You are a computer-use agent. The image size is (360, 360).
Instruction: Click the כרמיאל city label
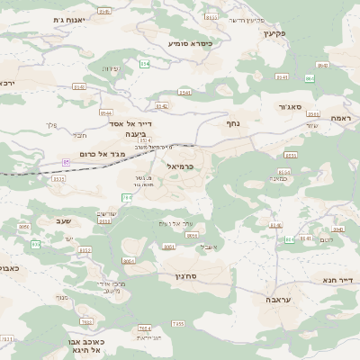(x=180, y=166)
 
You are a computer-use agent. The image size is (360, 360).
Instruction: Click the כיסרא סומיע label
(x=191, y=42)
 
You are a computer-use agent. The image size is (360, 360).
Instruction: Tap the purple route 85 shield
(x=66, y=161)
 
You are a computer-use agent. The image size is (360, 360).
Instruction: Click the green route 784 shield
(x=126, y=197)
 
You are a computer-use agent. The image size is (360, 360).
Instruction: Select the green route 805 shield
(x=37, y=245)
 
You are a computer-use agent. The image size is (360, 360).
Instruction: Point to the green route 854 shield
(x=311, y=79)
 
